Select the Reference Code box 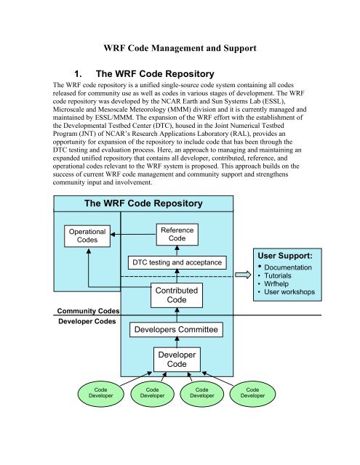[x=177, y=234]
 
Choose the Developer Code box [x=177, y=361]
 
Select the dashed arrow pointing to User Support [x=218, y=276]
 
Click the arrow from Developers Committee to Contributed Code [x=177, y=318]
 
